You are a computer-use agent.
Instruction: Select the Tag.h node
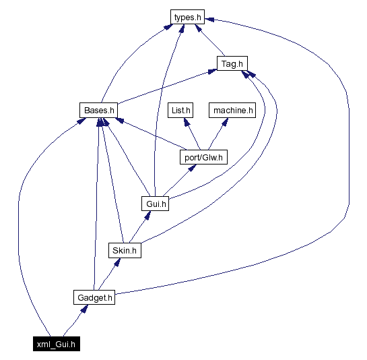(x=232, y=64)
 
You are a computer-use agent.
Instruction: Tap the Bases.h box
(x=98, y=109)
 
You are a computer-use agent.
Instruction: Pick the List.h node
(x=181, y=109)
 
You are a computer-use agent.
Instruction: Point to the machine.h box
(x=233, y=109)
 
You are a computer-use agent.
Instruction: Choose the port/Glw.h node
(x=203, y=157)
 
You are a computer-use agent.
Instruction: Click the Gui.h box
(x=156, y=203)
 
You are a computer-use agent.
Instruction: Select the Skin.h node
(x=125, y=250)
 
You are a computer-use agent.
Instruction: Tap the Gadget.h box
(x=94, y=297)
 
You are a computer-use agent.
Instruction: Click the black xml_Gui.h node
(x=58, y=344)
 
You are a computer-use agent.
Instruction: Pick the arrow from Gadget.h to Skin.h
(x=109, y=273)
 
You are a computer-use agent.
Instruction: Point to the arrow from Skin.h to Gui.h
(x=140, y=227)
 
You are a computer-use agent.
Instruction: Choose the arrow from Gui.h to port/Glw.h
(x=179, y=180)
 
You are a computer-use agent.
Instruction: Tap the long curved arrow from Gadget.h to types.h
(x=348, y=135)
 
